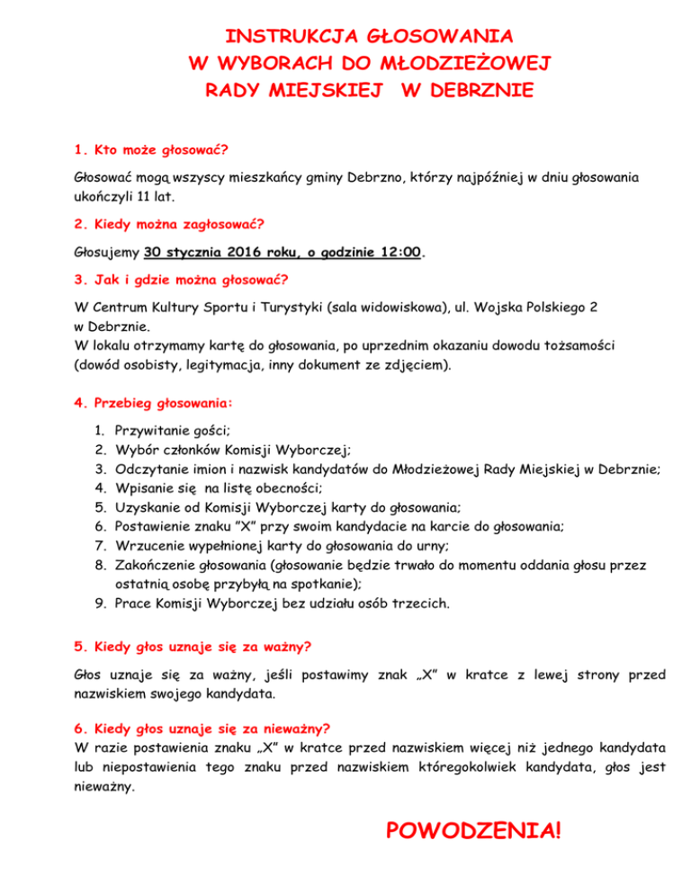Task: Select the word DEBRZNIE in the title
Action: click(467, 91)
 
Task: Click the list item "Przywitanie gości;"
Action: click(175, 432)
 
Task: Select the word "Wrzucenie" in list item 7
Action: click(147, 545)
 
